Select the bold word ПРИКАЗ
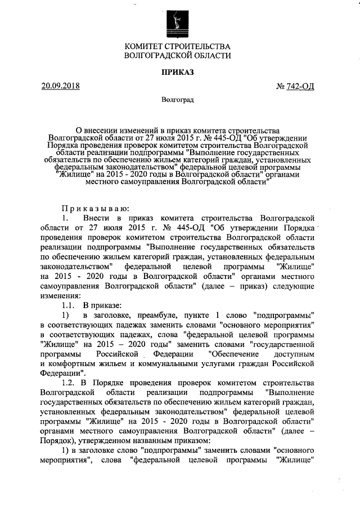[178, 73]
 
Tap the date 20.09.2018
[61, 86]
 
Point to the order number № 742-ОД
[295, 87]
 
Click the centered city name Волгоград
[178, 100]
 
